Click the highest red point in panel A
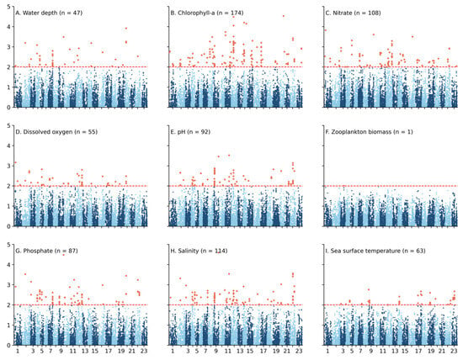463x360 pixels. pos(126,29)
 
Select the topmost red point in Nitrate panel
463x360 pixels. pos(326,30)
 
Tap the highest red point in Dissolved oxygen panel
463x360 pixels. pos(16,162)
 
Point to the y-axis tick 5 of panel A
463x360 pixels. pos(8,7)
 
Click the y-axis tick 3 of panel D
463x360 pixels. pos(8,166)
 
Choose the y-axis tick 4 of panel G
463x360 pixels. pos(8,265)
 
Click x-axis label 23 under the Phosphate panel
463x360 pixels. pos(144,351)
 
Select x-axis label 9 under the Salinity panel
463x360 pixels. pos(216,351)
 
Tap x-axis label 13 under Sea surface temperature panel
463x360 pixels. pos(395,351)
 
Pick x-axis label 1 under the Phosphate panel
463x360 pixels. pos(18,351)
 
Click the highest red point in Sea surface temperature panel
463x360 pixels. pos(369,289)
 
